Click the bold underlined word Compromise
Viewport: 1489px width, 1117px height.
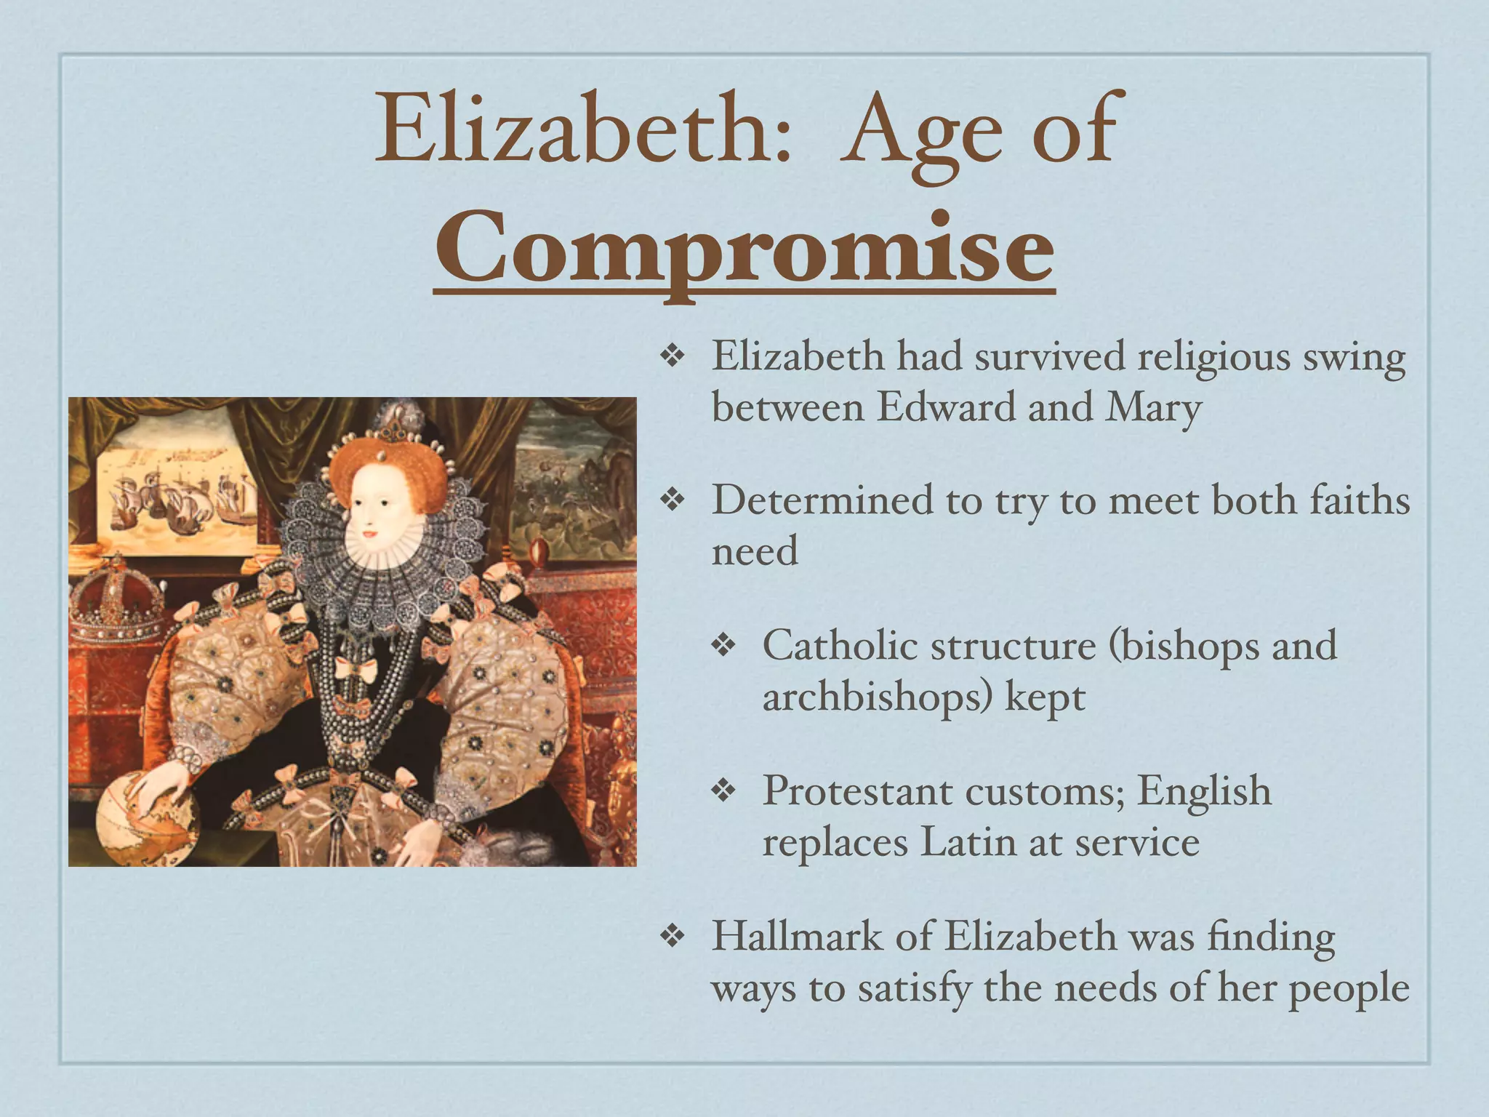tap(744, 249)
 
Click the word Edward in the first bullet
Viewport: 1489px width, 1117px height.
tap(945, 407)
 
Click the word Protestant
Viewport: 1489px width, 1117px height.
tap(856, 791)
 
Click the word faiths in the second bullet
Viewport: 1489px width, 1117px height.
tap(1359, 501)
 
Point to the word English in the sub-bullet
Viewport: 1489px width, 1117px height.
tap(1203, 791)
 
